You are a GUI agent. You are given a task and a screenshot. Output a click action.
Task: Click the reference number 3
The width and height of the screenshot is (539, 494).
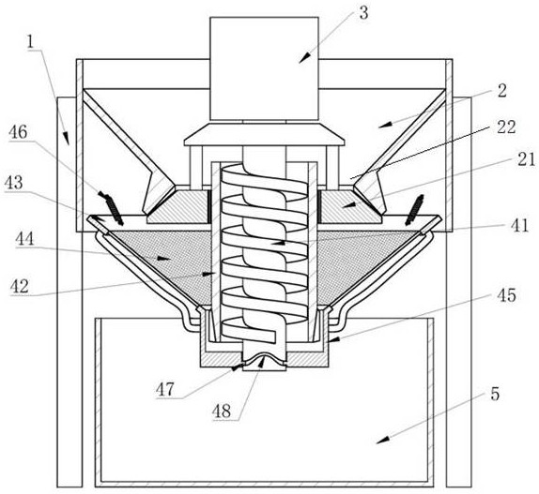pos(363,13)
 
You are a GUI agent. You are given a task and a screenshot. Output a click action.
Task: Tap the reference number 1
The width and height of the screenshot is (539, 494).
pos(31,42)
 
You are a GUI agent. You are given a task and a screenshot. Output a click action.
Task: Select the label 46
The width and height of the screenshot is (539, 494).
pos(18,132)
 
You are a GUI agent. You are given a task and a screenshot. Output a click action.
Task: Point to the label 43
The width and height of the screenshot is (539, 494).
pos(13,183)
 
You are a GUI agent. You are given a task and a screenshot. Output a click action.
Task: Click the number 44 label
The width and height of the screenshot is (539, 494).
pos(24,239)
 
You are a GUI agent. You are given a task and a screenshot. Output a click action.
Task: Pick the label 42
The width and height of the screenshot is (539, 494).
pos(19,286)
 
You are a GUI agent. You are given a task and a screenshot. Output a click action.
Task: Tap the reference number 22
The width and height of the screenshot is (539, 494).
pos(506,127)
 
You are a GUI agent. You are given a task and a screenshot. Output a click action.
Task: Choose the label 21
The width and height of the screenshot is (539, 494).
pos(526,159)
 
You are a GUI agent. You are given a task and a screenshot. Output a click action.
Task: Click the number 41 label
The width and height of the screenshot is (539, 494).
pos(519,226)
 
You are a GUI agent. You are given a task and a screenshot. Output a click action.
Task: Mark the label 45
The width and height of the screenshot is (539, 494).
pos(506,295)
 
